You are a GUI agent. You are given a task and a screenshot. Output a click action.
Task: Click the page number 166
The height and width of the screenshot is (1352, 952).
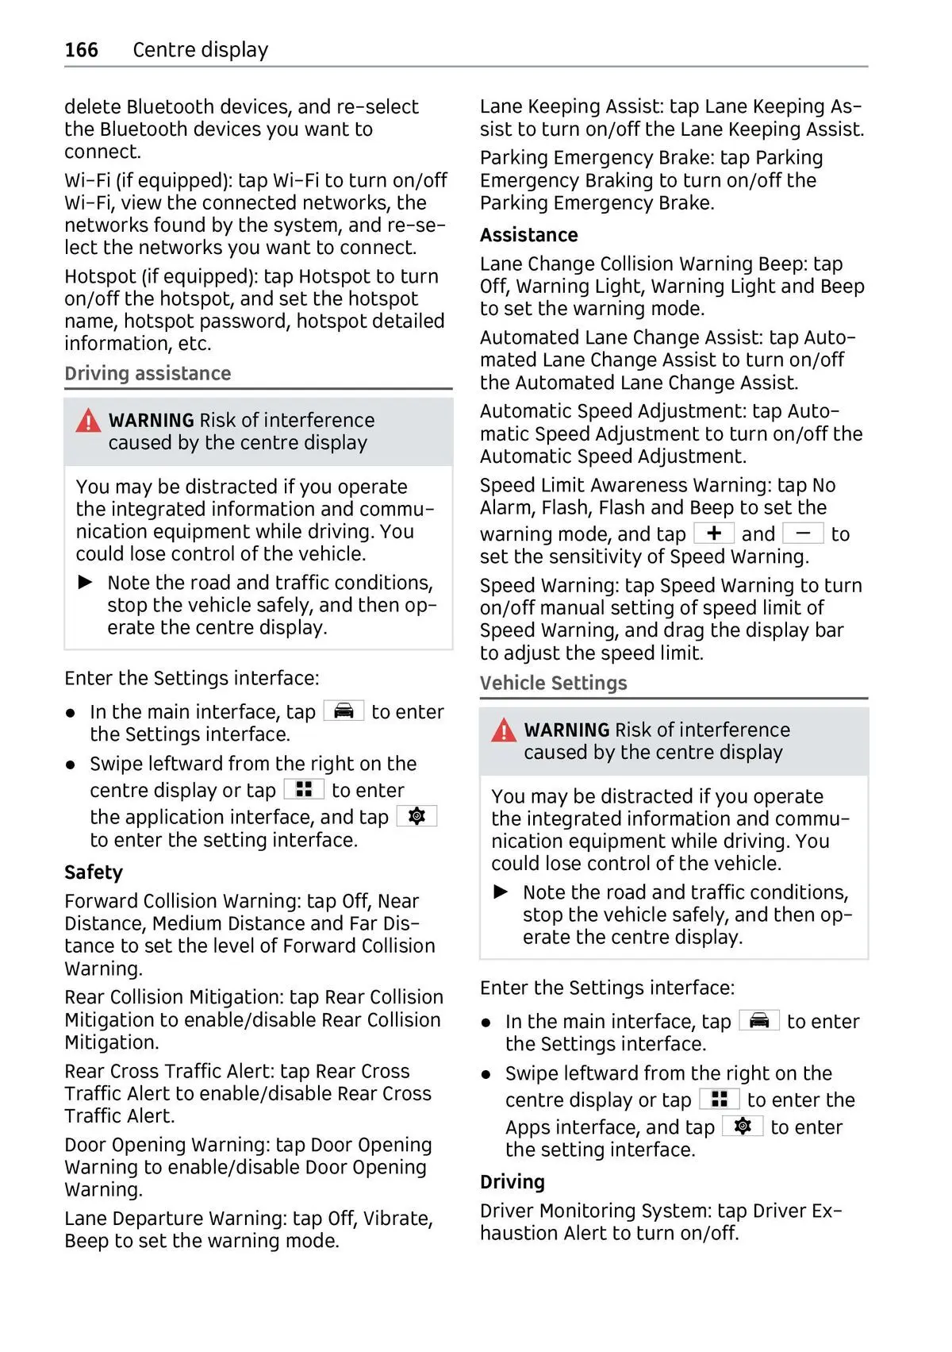point(81,50)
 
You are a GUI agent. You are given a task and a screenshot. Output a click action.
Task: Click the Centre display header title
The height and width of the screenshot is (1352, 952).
point(200,50)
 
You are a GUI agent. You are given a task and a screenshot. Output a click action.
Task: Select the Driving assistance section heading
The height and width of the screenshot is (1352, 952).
point(148,373)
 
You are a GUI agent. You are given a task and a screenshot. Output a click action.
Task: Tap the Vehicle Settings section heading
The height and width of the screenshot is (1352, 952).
point(553,683)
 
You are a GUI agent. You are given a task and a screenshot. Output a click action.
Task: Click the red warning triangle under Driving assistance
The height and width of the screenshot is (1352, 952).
point(88,421)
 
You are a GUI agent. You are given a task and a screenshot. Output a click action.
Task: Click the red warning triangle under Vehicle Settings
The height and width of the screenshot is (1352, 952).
point(504,730)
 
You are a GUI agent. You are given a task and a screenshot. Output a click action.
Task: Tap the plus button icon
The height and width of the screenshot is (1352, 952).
point(714,533)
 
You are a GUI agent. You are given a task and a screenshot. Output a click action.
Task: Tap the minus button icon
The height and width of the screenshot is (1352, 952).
point(803,533)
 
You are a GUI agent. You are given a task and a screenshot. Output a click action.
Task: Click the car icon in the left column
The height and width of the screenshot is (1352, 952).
point(344,711)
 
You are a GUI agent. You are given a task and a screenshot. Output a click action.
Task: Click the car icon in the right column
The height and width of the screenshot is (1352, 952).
point(759,1020)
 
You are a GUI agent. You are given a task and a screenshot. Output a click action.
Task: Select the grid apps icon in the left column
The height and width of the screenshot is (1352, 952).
point(304,789)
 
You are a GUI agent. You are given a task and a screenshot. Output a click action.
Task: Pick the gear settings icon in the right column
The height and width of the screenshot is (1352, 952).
point(743,1126)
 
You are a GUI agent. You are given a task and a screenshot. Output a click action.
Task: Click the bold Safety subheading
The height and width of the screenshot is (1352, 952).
point(94,872)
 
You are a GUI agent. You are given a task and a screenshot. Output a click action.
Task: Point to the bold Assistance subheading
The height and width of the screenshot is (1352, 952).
point(528,235)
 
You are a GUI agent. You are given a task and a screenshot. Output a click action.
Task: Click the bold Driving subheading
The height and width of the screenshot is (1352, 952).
point(512,1181)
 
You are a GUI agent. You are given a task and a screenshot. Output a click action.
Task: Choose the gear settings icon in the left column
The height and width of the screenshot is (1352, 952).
point(416,816)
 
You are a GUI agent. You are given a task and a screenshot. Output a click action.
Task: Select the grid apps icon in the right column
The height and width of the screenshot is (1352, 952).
point(720,1099)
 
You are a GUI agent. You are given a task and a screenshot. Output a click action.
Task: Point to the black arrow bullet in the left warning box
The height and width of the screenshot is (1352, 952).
point(86,582)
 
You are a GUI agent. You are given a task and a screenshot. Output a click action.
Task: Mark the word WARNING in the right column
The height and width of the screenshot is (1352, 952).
point(566,730)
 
